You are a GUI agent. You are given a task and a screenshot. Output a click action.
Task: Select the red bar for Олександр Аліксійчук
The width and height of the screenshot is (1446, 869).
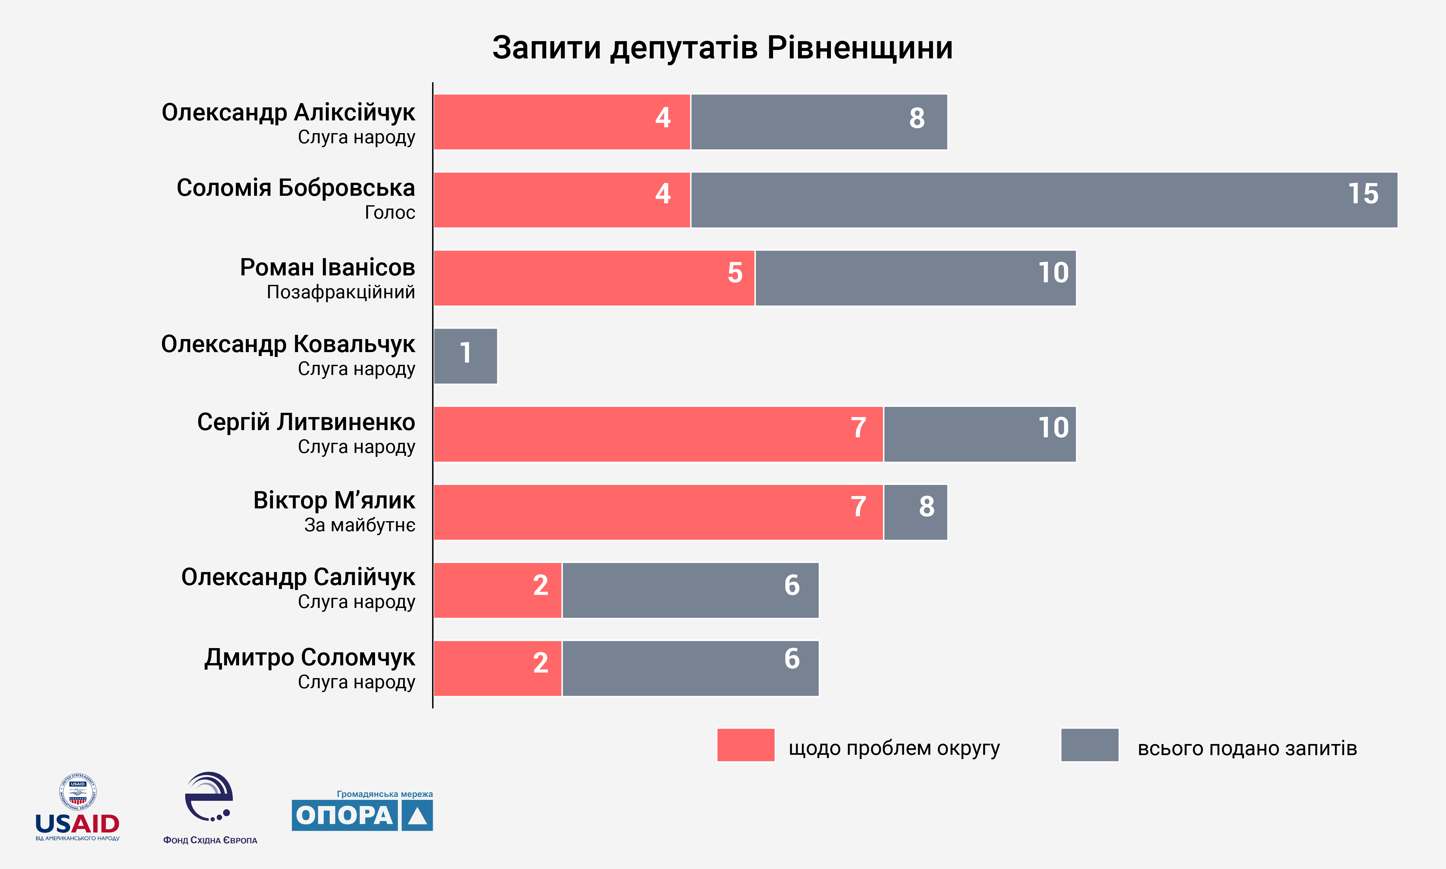pyautogui.click(x=562, y=122)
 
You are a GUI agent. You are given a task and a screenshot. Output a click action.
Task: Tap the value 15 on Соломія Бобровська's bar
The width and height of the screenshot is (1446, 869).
pyautogui.click(x=1363, y=194)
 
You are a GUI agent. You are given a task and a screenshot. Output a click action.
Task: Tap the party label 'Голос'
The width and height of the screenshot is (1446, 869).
pyautogui.click(x=390, y=212)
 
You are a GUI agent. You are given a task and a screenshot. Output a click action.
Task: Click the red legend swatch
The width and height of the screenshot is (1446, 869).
pyautogui.click(x=746, y=745)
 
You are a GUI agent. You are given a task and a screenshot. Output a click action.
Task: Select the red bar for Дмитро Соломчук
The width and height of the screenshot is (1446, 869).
pyautogui.click(x=497, y=668)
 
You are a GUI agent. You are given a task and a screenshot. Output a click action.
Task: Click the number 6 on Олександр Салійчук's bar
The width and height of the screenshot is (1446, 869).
pyautogui.click(x=792, y=585)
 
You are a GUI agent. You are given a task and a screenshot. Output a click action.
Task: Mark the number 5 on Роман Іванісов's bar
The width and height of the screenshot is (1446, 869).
pyautogui.click(x=735, y=273)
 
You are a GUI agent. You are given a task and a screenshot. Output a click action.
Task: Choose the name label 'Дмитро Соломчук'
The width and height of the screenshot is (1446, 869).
pyautogui.click(x=309, y=658)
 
